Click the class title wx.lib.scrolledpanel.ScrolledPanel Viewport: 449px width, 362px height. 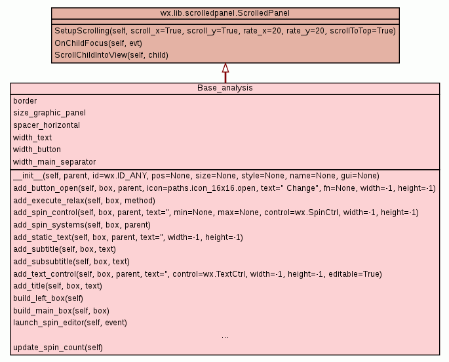coord(225,13)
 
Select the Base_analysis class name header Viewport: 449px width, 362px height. coord(225,88)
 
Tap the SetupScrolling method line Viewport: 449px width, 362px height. coord(225,31)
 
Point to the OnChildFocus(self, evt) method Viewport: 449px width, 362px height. coord(98,43)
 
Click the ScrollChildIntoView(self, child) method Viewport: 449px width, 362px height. coord(111,55)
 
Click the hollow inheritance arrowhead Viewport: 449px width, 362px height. coord(225,68)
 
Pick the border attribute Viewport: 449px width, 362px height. coord(25,101)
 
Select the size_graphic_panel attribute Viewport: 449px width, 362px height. coord(49,113)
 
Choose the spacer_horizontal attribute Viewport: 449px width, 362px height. coord(47,125)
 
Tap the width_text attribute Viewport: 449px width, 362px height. coord(32,138)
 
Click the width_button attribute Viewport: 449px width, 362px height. coord(37,150)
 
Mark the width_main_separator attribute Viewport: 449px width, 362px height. coord(54,162)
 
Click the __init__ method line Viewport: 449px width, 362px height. coord(196,176)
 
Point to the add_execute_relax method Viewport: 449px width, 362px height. coord(84,200)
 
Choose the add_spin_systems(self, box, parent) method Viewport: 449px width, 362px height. coord(81,225)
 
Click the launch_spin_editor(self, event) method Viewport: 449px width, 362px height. coord(70,323)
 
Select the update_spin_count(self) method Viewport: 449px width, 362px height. coord(58,347)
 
